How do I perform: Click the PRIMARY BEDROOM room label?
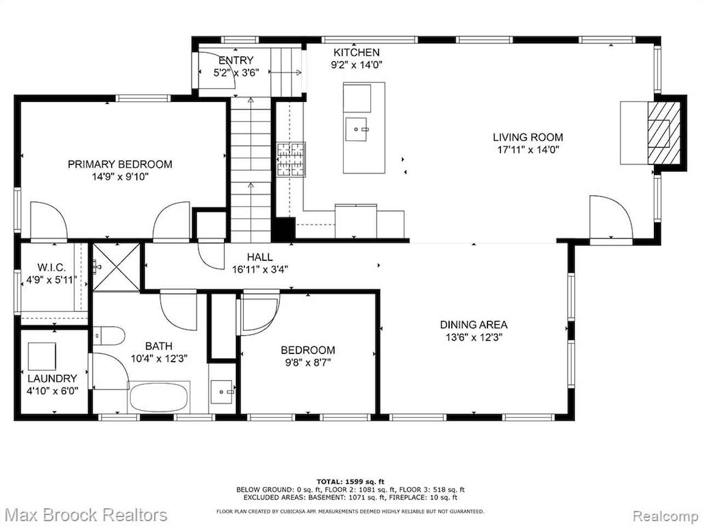[120, 164]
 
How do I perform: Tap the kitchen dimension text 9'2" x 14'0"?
[357, 65]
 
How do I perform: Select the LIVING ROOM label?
[527, 138]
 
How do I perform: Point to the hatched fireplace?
[664, 133]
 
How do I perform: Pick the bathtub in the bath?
[159, 397]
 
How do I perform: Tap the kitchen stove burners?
[291, 159]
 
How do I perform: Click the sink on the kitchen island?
[356, 129]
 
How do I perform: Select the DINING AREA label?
[474, 325]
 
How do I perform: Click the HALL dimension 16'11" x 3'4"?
[260, 270]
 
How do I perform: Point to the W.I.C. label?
[51, 267]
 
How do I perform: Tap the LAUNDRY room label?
[52, 379]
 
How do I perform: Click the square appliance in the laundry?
[42, 356]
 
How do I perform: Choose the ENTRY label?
[236, 60]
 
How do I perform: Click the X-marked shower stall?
[116, 267]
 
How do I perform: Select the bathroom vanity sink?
[221, 392]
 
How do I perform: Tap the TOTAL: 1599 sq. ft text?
[350, 482]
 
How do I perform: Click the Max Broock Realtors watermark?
[85, 515]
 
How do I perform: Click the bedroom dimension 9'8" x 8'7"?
[308, 363]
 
